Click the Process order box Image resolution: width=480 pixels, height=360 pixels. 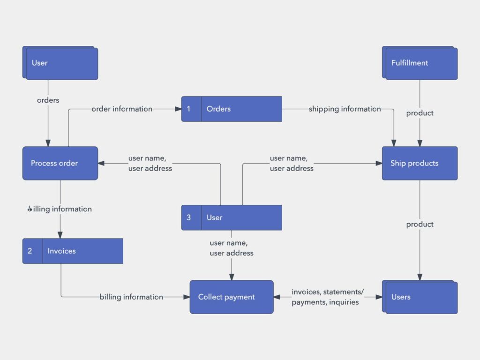(x=60, y=163)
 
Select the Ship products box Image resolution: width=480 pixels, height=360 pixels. (x=420, y=163)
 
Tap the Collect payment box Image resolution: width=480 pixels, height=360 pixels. (x=231, y=297)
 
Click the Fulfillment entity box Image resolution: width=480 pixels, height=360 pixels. (x=421, y=63)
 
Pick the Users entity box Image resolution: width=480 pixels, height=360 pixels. (x=421, y=297)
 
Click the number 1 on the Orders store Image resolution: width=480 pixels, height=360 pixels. (x=189, y=109)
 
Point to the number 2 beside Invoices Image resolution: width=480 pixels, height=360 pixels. (x=30, y=251)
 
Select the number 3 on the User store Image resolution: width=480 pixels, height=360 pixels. (x=189, y=217)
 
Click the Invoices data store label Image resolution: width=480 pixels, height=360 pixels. (x=61, y=251)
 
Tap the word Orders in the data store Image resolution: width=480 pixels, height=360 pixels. (x=218, y=109)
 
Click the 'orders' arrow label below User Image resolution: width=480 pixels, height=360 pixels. (x=48, y=100)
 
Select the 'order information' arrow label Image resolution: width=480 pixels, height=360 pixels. (x=122, y=109)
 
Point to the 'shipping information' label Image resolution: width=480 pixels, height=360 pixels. (x=345, y=109)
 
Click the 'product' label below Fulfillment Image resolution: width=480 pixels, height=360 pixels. (x=420, y=113)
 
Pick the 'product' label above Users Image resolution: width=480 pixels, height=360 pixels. (x=420, y=224)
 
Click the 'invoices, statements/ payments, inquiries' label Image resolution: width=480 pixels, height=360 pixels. (x=327, y=297)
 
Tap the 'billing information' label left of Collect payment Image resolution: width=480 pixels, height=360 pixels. (x=131, y=297)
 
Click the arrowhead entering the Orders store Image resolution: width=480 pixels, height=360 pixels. (x=178, y=109)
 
